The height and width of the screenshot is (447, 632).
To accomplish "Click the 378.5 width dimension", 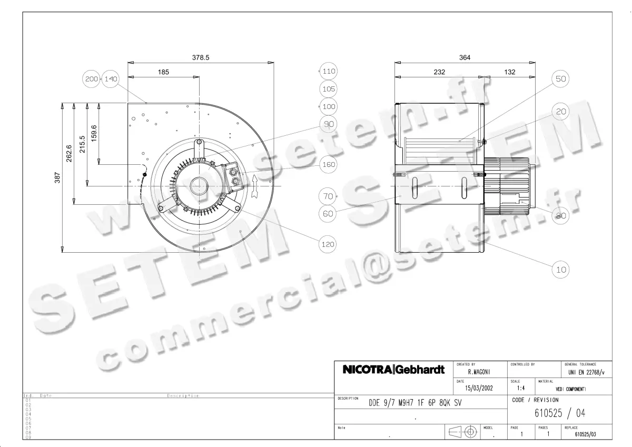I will tap(201, 57).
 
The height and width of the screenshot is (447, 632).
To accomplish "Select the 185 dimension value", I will tap(163, 72).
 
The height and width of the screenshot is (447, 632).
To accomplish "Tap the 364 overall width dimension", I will tap(465, 57).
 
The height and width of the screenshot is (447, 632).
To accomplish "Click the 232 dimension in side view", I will tap(439, 72).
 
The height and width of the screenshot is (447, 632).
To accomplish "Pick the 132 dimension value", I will tap(509, 72).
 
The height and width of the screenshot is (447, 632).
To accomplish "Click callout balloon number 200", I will tap(92, 79).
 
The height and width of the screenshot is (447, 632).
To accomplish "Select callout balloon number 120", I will tap(329, 244).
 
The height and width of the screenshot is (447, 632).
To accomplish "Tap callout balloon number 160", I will tap(329, 165).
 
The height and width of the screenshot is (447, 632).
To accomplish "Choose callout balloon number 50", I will tap(560, 79).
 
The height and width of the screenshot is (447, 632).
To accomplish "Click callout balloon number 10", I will tap(560, 270).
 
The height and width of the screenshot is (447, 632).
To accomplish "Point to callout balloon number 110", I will tap(329, 71).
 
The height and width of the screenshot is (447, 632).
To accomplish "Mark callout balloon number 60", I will tap(329, 214).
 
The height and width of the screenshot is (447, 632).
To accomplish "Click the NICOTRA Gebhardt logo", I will tap(393, 370).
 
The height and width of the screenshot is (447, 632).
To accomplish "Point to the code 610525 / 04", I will tap(559, 413).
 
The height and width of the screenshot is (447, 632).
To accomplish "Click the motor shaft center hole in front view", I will tap(200, 185).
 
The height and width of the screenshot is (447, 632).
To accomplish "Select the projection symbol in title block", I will tap(462, 432).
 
